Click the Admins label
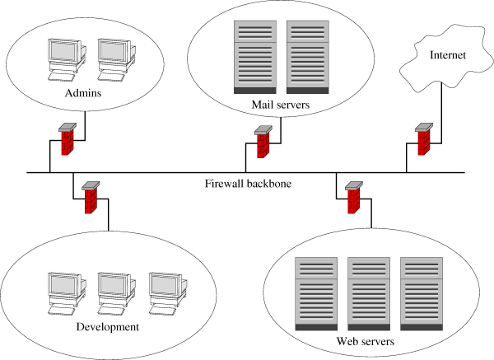(82, 93)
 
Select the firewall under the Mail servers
(263, 143)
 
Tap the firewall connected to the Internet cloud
(423, 140)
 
